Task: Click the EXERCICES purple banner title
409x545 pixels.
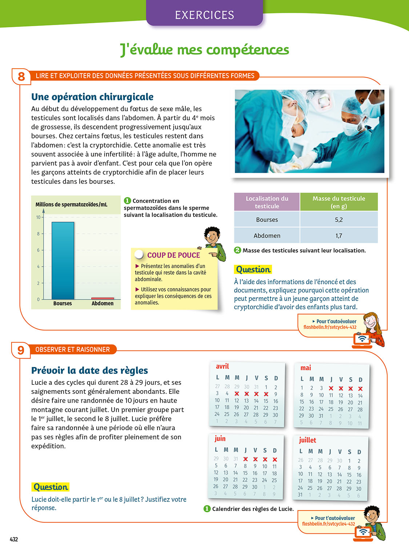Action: (x=204, y=15)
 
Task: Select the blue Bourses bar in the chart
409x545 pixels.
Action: (x=63, y=260)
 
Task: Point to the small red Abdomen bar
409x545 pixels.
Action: (x=103, y=298)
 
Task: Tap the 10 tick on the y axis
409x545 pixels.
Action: (x=38, y=217)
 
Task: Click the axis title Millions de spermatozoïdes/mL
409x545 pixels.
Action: (x=71, y=205)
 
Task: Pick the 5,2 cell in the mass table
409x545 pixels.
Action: (x=338, y=220)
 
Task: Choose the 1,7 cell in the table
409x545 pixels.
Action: (x=338, y=236)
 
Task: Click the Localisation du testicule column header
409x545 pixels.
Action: (x=267, y=202)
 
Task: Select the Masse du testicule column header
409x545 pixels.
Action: (x=338, y=202)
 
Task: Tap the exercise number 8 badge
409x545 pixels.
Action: (x=21, y=76)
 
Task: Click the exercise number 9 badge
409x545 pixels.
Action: (x=21, y=350)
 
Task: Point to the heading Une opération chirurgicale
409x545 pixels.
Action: (x=92, y=97)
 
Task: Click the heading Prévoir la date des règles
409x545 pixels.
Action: (x=89, y=371)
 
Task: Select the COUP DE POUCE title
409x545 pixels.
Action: (x=173, y=255)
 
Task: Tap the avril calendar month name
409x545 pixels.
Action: (x=222, y=367)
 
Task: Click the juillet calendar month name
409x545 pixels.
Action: (x=308, y=440)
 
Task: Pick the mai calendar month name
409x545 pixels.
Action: (x=305, y=368)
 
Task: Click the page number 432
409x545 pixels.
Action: (x=14, y=539)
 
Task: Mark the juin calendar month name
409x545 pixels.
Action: (x=220, y=439)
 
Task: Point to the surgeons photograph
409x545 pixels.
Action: (x=309, y=131)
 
